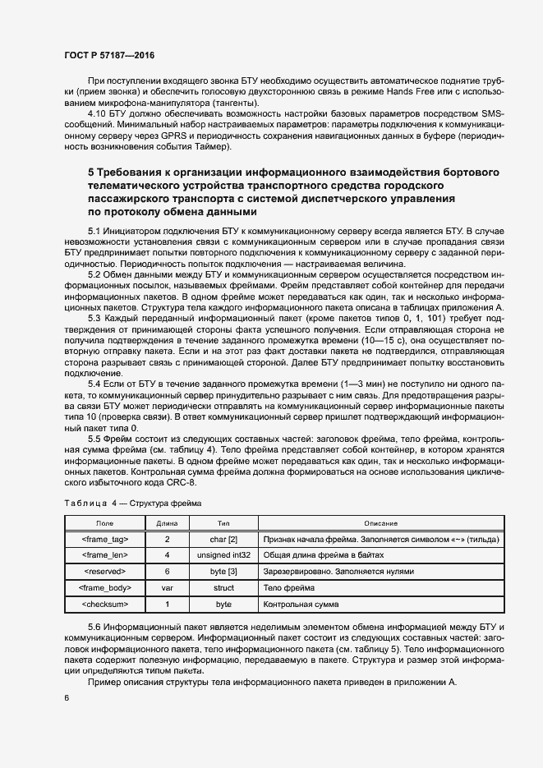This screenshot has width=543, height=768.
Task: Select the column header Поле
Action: [105, 523]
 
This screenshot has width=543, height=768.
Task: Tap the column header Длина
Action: [167, 523]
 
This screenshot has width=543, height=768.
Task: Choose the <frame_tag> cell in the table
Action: [105, 539]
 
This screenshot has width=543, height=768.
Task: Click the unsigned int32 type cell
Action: [223, 555]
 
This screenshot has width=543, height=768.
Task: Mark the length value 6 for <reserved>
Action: [167, 572]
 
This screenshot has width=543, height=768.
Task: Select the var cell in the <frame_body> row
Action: [167, 588]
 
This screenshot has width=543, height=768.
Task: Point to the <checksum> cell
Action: [105, 605]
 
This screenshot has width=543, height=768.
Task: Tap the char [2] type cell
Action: [223, 539]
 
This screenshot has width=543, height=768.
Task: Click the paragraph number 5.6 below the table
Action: [97, 628]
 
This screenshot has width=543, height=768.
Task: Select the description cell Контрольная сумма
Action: [300, 605]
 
